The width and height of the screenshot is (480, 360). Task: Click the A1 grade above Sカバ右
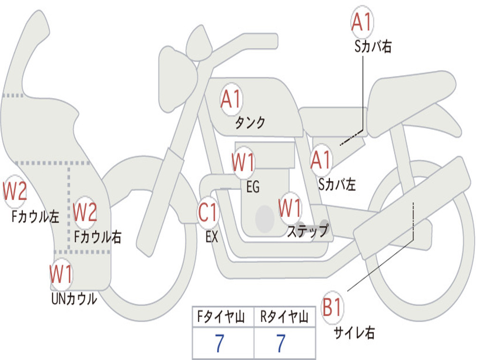pyautogui.click(x=361, y=22)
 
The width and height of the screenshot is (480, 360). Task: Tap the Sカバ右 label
pyautogui.click(x=373, y=46)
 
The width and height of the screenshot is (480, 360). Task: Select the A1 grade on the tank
pyautogui.click(x=231, y=99)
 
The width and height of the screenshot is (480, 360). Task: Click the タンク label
pyautogui.click(x=250, y=123)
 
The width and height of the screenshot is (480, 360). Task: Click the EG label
pyautogui.click(x=253, y=187)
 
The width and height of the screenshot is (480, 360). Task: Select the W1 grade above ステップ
pyautogui.click(x=290, y=208)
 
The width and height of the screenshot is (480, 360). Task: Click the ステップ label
pyautogui.click(x=307, y=231)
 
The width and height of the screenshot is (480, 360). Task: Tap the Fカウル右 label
pyautogui.click(x=97, y=237)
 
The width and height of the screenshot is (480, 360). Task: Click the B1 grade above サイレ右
pyautogui.click(x=332, y=308)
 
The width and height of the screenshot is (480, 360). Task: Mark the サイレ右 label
pyautogui.click(x=354, y=333)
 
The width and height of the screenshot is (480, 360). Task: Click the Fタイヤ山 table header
pyautogui.click(x=223, y=317)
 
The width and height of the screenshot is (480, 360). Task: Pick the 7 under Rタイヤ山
pyautogui.click(x=280, y=344)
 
